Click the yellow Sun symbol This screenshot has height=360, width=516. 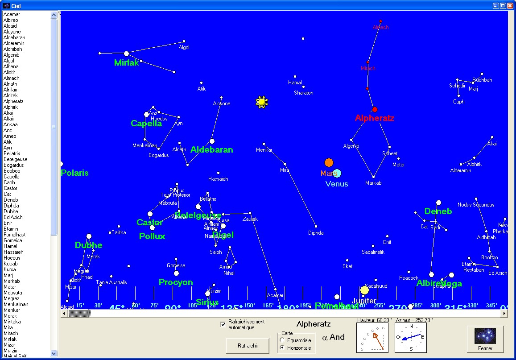[261, 102]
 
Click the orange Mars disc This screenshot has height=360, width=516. [329, 162]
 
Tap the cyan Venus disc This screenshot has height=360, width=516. [337, 174]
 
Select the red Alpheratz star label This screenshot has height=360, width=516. [375, 118]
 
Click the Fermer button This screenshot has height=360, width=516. [485, 339]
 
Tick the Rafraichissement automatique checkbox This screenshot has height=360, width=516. [223, 324]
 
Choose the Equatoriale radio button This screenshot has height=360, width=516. [282, 340]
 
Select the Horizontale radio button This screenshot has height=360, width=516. [282, 348]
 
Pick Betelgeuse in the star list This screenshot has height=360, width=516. [16, 159]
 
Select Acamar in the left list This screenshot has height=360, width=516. [12, 14]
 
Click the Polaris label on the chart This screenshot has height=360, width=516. [75, 173]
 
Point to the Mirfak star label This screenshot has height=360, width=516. [127, 63]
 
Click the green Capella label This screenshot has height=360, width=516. [146, 124]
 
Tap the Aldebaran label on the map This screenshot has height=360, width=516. [212, 150]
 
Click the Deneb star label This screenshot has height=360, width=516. [438, 211]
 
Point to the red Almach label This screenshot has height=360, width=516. [380, 27]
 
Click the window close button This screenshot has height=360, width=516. [510, 6]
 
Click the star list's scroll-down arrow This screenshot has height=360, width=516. [54, 353]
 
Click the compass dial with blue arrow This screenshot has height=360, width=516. [411, 338]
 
